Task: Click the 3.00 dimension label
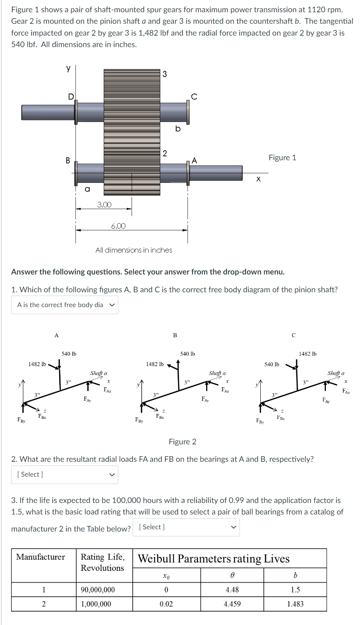104,205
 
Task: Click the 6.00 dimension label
118,226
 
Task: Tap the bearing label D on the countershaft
71,97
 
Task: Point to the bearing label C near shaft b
194,97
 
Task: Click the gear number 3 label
165,74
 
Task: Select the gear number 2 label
165,154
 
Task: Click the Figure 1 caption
282,158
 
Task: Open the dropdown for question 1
65,305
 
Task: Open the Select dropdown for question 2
65,475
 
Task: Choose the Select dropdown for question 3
188,527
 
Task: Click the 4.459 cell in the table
232,604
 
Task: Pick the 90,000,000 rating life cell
98,590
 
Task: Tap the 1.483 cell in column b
295,604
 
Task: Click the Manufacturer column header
41,557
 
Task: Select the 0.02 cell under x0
166,604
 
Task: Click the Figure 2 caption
182,442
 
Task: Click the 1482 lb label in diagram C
308,354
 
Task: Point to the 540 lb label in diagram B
188,354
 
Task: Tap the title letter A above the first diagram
57,335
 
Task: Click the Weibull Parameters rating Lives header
214,559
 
